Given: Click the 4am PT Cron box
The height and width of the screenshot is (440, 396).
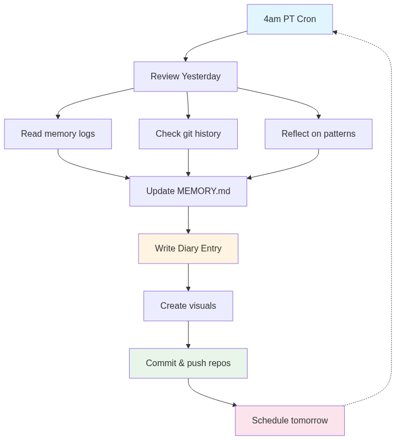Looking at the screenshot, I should click(x=290, y=19).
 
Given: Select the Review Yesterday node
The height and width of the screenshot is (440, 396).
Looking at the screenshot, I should click(x=185, y=77).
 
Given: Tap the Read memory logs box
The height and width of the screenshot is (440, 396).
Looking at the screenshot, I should click(x=58, y=134).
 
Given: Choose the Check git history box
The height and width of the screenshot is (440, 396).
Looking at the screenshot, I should click(x=188, y=134).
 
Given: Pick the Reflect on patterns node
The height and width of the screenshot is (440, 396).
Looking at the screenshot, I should click(x=318, y=134).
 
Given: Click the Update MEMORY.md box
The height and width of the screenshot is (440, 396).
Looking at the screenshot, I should click(x=188, y=191).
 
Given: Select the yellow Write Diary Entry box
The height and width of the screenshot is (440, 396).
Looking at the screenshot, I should click(x=188, y=249).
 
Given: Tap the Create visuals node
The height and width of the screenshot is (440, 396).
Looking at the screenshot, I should click(x=188, y=306).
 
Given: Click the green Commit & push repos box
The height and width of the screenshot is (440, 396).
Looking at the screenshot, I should click(x=188, y=363).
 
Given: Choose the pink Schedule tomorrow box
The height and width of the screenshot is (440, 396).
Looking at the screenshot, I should click(x=290, y=421).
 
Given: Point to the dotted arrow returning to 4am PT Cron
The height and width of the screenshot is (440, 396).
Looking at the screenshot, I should click(x=391, y=221).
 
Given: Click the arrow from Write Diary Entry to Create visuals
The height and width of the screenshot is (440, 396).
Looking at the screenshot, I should click(x=188, y=277).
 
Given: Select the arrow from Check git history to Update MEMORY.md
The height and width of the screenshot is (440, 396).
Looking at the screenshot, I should click(x=188, y=163).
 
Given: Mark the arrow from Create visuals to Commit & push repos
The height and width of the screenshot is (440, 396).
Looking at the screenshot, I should click(x=188, y=335).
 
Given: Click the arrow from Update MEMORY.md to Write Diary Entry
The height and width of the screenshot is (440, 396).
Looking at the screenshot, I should click(x=188, y=220).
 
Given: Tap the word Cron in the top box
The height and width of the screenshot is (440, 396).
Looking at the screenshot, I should click(x=306, y=19).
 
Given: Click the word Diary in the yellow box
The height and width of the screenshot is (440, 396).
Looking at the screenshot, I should click(x=189, y=249).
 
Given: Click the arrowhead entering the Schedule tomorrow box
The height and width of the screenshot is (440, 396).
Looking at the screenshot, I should click(x=234, y=405).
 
